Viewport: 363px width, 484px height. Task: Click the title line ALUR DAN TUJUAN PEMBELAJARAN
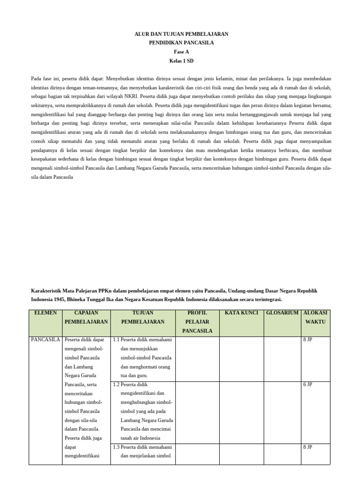coord(181,34)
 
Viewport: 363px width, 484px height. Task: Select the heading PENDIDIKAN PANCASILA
coord(181,43)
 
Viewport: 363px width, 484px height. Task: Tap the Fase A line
coord(181,52)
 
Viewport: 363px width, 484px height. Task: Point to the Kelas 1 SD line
coord(181,61)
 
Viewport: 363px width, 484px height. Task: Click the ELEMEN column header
coord(45,313)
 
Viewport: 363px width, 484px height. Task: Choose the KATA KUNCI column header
coord(242,313)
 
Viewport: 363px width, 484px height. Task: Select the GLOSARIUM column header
coord(282,313)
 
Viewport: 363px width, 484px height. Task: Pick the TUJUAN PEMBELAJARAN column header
coord(143,317)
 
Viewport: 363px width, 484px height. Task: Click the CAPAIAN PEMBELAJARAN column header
coord(86,317)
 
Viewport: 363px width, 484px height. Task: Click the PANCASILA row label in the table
coord(45,340)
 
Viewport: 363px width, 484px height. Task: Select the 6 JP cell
coord(308,385)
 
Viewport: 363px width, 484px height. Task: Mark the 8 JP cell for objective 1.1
coord(308,340)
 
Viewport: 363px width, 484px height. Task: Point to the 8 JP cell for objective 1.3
coord(308,447)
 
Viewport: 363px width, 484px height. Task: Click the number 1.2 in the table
coord(116,385)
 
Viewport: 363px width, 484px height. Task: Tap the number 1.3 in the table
coord(116,447)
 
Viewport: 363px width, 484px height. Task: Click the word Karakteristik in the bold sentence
coord(47,291)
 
